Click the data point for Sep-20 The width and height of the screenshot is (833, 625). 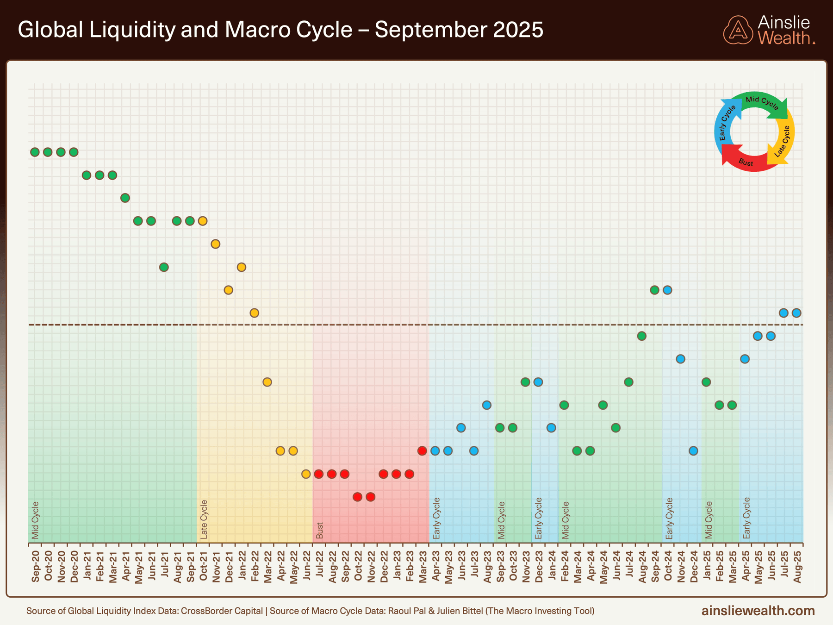point(35,152)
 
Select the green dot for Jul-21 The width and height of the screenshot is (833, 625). point(164,267)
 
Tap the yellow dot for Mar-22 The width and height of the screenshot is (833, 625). point(267,382)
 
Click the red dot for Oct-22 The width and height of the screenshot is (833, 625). point(357,497)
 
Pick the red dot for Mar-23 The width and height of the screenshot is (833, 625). point(422,451)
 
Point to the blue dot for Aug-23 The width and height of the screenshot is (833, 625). point(486,405)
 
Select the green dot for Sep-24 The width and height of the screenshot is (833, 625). point(654,290)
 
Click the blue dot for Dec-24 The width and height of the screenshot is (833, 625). point(693,451)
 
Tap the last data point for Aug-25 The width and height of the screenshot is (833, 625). point(796,313)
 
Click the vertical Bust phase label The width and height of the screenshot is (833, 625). point(320,531)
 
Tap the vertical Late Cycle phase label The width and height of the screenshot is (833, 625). point(204,519)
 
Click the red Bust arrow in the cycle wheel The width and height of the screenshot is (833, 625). point(745,162)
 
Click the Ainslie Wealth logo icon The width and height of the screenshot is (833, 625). point(738,30)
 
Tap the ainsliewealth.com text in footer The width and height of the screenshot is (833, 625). point(758,611)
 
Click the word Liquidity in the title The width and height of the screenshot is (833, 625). point(131,30)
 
